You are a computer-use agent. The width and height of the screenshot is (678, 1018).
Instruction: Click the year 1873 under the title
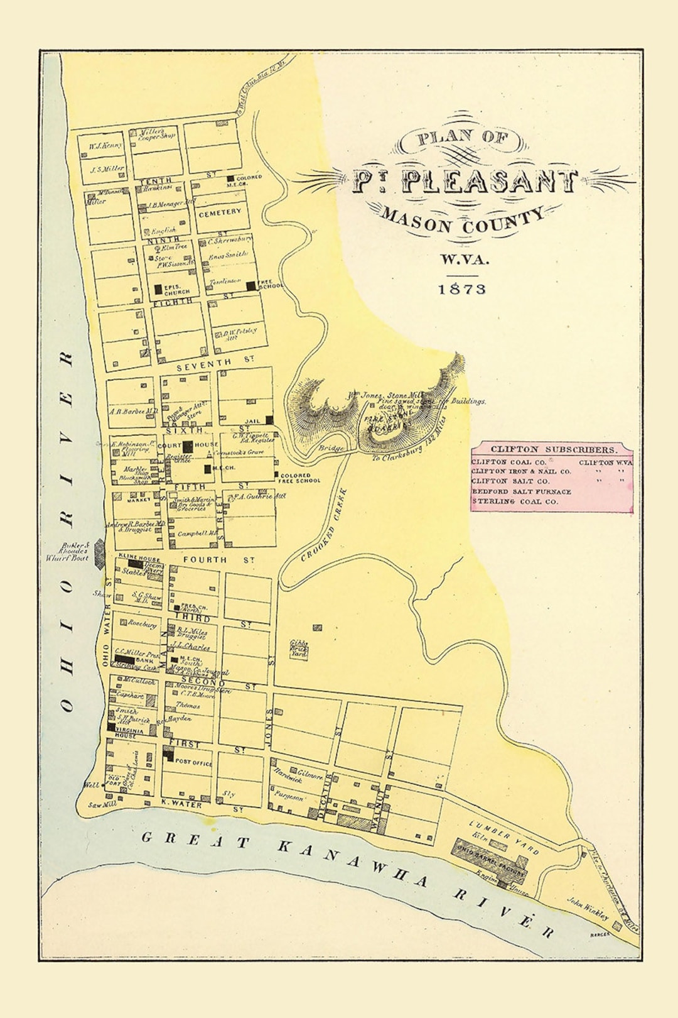[x=462, y=288]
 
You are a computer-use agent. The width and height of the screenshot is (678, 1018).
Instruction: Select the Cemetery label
[x=220, y=213]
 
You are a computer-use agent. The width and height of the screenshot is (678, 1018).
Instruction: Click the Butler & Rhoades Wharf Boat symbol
[x=100, y=552]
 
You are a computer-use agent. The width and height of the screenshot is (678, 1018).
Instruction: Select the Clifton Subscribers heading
[x=553, y=449]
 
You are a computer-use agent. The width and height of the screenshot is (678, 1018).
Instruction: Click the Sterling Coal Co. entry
[x=515, y=501]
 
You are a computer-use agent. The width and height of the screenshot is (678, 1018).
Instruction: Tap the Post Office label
[x=193, y=762]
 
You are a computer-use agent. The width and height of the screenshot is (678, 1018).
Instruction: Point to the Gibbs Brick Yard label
[x=299, y=649]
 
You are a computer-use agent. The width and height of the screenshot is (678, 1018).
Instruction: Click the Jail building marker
[x=269, y=420]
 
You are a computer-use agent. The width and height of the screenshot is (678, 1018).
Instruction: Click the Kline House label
[x=139, y=558]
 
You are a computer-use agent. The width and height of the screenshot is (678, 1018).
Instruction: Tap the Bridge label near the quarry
[x=330, y=448]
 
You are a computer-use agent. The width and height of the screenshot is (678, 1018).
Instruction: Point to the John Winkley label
[x=588, y=909]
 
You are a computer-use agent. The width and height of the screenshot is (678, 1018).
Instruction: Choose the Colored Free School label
[x=299, y=478]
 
